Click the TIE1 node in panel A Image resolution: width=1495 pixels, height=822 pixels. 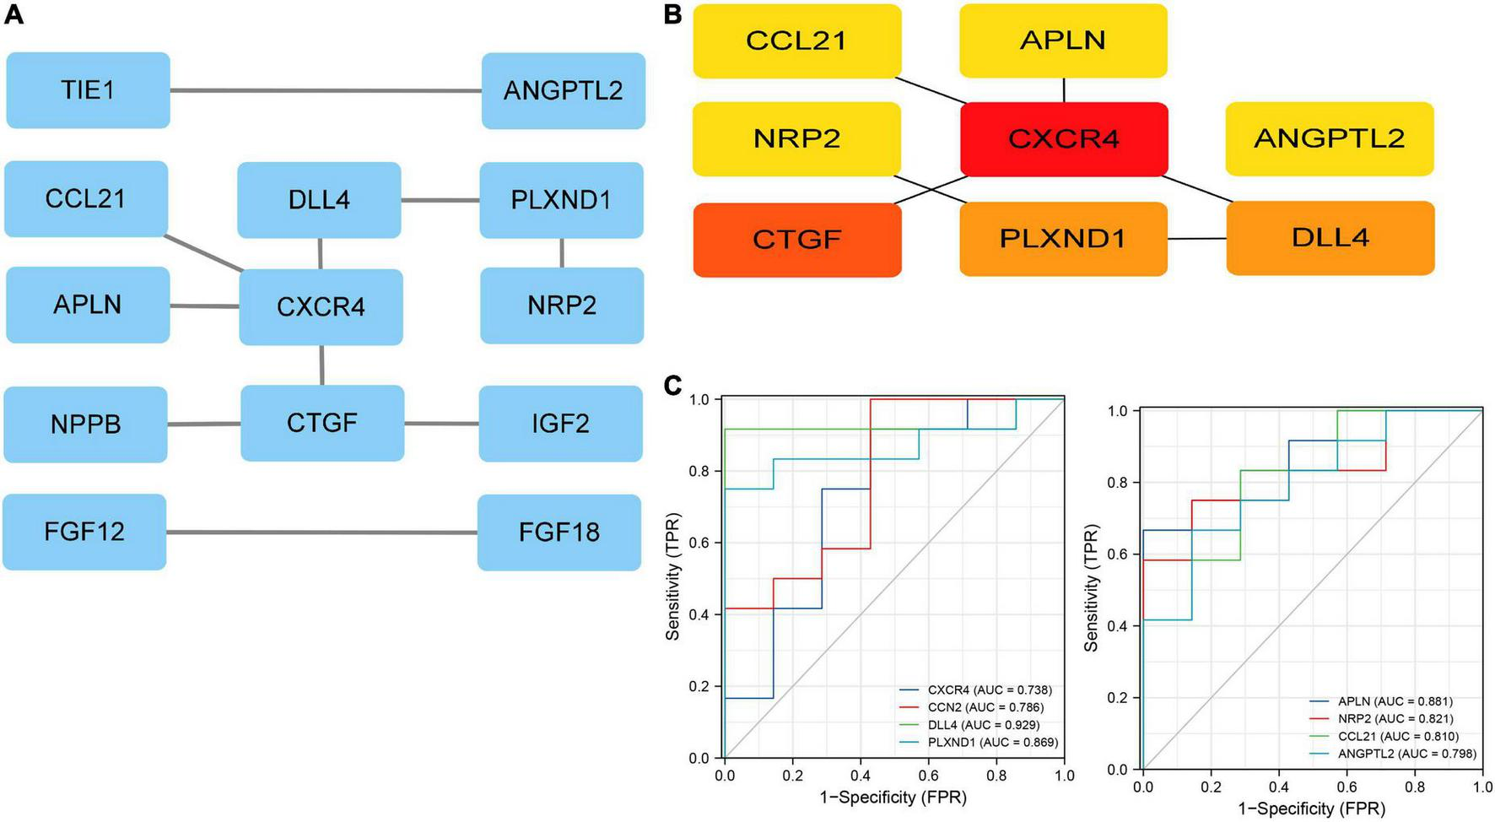tap(88, 90)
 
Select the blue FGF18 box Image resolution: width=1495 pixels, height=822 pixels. tap(559, 533)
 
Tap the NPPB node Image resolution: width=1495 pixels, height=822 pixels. tap(85, 425)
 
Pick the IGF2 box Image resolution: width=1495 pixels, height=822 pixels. tap(560, 424)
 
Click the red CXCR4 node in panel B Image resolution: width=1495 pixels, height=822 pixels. tap(1064, 139)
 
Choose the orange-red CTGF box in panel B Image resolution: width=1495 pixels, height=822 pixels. tap(797, 240)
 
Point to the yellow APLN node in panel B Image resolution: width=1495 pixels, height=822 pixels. tap(1063, 41)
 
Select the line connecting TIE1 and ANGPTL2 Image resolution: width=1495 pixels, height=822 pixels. tap(326, 90)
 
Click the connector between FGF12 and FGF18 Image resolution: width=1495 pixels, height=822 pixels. tap(321, 533)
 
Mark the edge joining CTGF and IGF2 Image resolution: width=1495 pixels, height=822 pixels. tap(441, 424)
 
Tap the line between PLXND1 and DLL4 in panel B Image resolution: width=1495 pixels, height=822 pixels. tap(1196, 239)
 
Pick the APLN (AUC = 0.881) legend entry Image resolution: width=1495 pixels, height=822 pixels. tap(1395, 701)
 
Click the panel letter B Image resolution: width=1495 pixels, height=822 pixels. tap(672, 14)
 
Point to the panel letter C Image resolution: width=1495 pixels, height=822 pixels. tap(672, 386)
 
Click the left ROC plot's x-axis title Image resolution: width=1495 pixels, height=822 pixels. tap(893, 798)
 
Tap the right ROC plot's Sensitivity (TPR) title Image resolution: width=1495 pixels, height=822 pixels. tap(1091, 588)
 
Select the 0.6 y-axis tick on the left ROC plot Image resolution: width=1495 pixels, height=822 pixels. tap(699, 543)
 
